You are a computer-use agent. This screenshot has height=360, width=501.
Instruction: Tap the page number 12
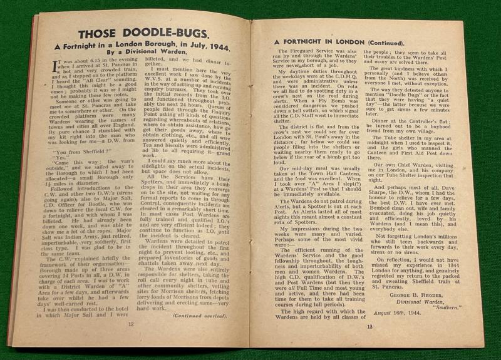coord(131,324)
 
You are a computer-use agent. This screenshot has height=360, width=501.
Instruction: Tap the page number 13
coord(369,326)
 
